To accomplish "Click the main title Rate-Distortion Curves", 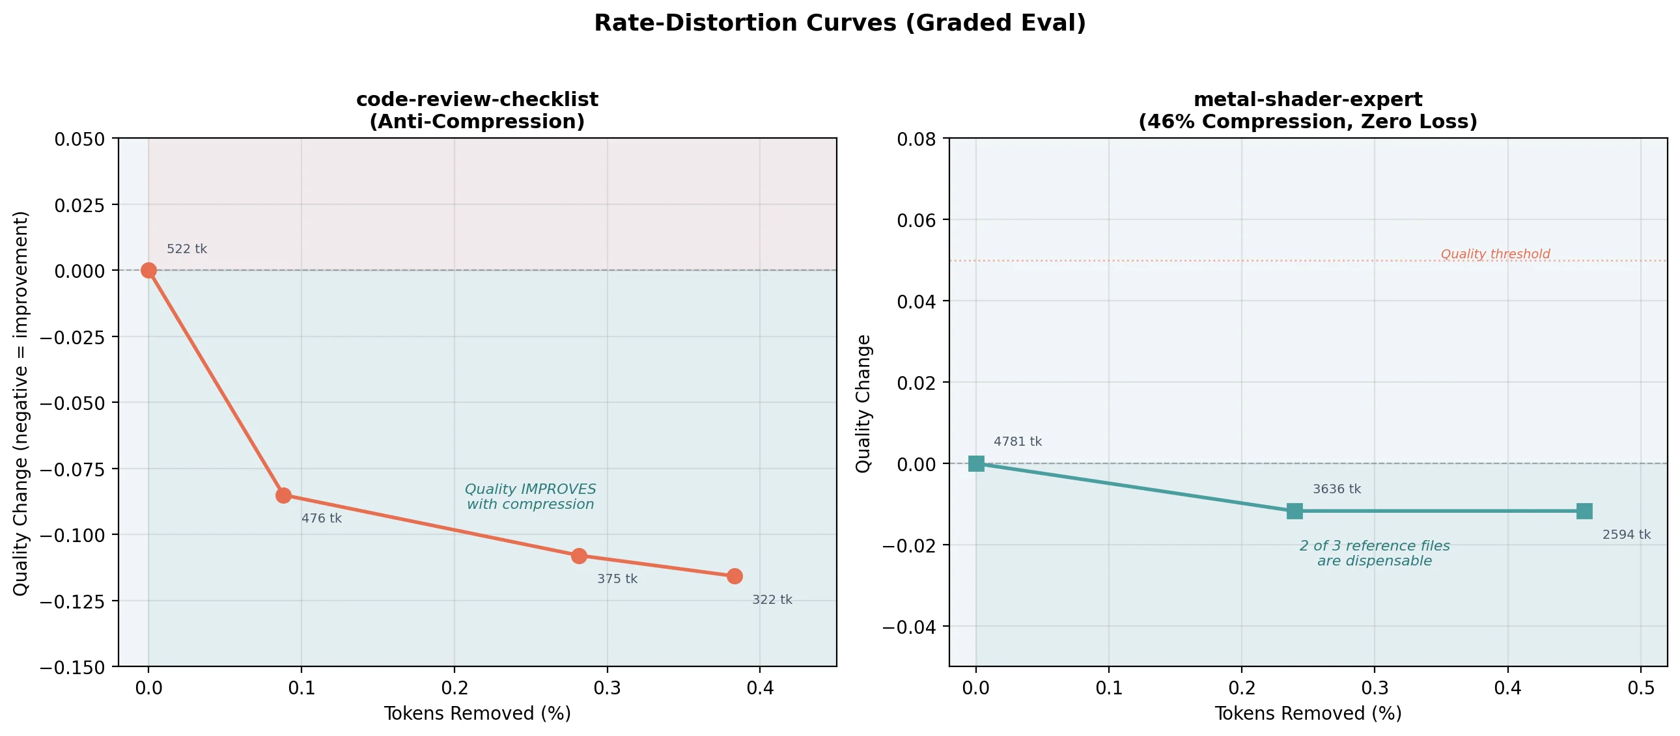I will click(x=839, y=23).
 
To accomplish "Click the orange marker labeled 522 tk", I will click(x=148, y=270).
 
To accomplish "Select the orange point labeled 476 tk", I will click(x=283, y=495).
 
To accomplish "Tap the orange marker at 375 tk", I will click(x=578, y=556).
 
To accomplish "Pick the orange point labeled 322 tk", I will click(x=735, y=577).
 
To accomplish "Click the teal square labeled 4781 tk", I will click(x=975, y=463).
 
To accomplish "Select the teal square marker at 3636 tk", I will click(x=1295, y=511).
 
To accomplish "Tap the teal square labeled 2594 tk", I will click(x=1584, y=511).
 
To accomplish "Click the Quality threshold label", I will click(x=1495, y=254).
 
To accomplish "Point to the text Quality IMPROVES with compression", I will click(x=530, y=497).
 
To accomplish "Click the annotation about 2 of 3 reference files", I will click(x=1374, y=554).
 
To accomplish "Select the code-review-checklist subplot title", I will click(x=477, y=110).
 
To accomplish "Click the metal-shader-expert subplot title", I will click(x=1308, y=110).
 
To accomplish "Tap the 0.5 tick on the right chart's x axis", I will click(x=1640, y=688).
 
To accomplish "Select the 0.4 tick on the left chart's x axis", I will click(x=760, y=688).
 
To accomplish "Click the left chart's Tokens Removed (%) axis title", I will click(x=477, y=713).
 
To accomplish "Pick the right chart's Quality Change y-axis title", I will click(x=863, y=403).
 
